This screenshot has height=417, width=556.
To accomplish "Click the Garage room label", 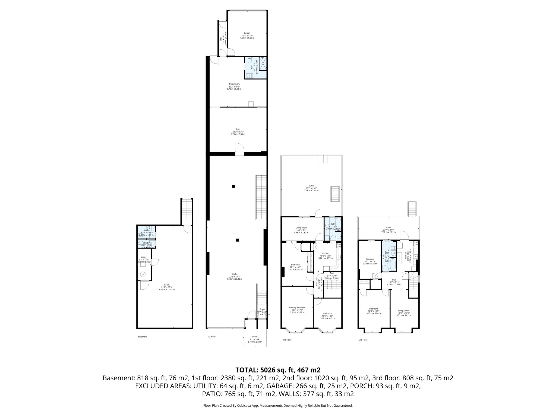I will click(247, 33).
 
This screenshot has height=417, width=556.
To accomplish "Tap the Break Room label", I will click(234, 84).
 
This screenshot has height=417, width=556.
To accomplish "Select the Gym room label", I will click(238, 129).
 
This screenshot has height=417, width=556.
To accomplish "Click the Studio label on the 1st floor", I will click(235, 274).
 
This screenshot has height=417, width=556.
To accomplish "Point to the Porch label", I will click(255, 337).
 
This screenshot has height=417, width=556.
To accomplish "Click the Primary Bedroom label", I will click(297, 308).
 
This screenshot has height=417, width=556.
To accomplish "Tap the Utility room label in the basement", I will click(144, 257).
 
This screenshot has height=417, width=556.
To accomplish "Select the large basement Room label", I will click(167, 285).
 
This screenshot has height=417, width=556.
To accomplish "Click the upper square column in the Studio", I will click(233, 186).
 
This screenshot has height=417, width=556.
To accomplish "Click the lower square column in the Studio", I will click(238, 240).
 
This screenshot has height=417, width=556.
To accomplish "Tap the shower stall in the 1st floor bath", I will click(263, 64).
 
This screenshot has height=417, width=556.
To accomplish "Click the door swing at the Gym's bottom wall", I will click(239, 148).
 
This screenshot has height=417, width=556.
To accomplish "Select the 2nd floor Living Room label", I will click(301, 228).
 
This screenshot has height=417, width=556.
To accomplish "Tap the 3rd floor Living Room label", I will click(403, 311).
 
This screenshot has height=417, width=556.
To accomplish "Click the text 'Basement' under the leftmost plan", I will click(142, 337).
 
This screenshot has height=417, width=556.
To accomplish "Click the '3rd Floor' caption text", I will click(363, 340).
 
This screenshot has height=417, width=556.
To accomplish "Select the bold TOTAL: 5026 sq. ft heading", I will click(278, 370).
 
